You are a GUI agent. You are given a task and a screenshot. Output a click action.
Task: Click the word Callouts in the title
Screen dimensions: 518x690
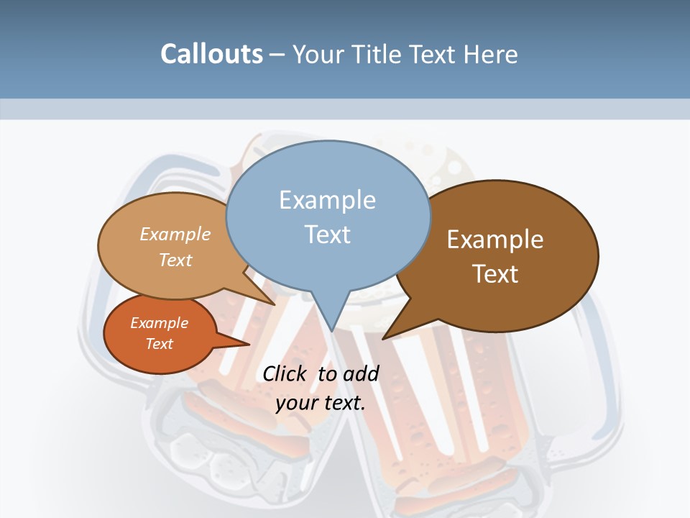(211, 54)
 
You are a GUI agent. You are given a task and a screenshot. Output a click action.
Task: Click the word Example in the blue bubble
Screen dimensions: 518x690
(327, 200)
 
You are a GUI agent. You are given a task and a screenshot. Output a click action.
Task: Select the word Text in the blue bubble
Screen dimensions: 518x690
(328, 235)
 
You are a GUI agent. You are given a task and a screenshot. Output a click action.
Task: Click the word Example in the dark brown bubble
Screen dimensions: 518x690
(495, 240)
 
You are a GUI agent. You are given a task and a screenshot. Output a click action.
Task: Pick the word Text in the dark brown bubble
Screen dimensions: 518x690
(495, 274)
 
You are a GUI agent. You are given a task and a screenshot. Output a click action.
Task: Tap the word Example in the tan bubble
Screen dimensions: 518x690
(175, 234)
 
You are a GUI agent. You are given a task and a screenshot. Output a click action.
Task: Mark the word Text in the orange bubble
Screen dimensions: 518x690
(160, 344)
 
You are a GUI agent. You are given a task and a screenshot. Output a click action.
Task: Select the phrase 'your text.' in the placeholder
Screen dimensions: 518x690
(320, 403)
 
